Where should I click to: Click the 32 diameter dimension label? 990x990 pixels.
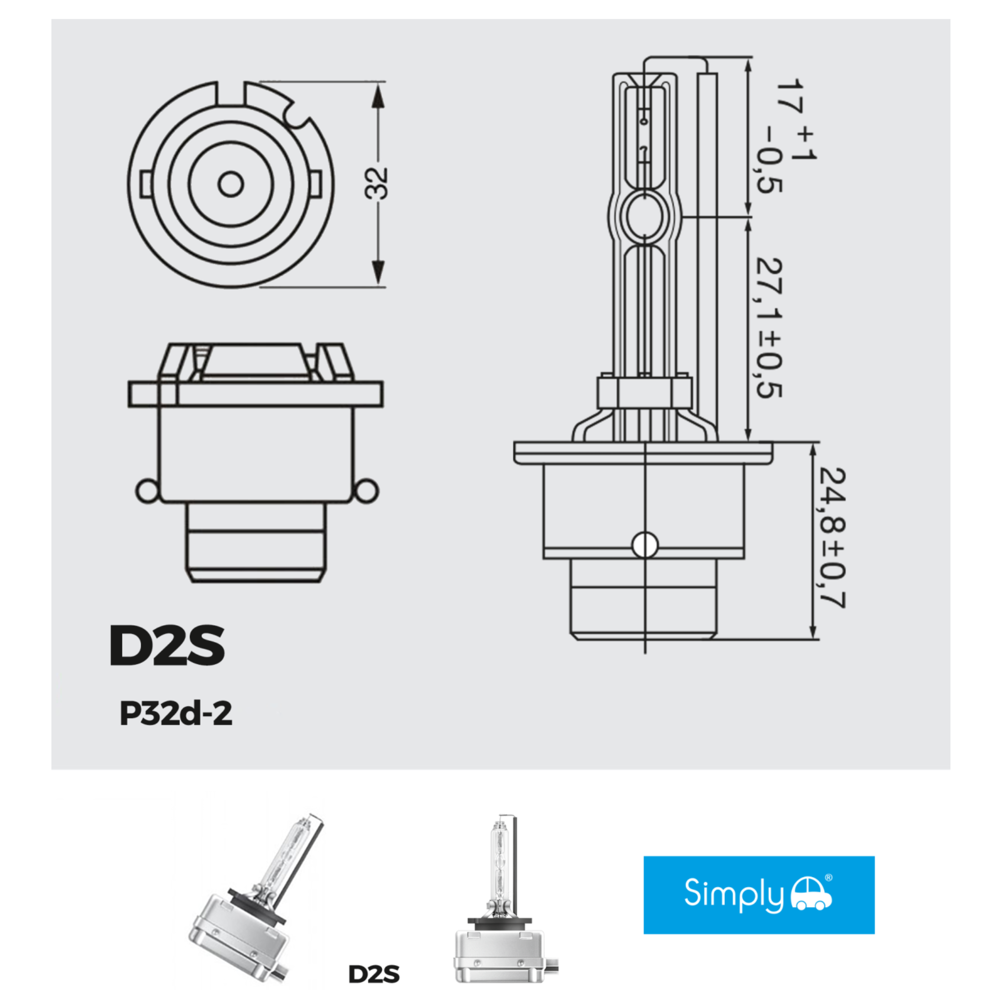click(x=376, y=183)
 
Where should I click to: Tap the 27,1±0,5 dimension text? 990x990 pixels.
click(x=770, y=328)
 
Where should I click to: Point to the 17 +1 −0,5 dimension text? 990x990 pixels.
click(x=789, y=136)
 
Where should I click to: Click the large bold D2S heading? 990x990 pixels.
click(x=167, y=645)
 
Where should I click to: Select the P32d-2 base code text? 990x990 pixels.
click(x=176, y=713)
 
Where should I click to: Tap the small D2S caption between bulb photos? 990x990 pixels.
click(x=374, y=974)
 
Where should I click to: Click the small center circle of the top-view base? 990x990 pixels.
click(x=231, y=185)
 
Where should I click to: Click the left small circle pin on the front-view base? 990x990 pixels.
click(x=147, y=491)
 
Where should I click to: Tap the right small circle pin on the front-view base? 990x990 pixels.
click(x=367, y=491)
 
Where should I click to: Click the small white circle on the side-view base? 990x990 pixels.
click(x=645, y=544)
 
